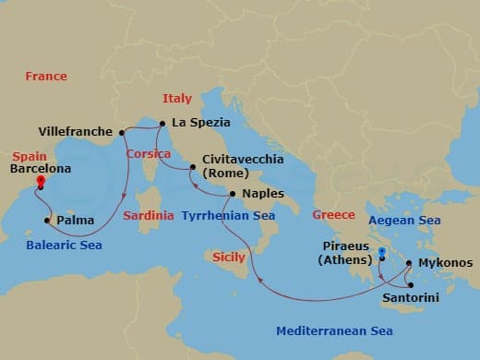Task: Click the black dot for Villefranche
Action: [x=121, y=132]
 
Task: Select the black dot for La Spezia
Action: [x=162, y=123]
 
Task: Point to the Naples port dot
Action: [x=233, y=194]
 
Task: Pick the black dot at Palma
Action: [x=47, y=221]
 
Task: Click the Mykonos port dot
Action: [x=408, y=263]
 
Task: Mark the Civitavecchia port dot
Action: [x=193, y=167]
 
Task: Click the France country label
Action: [x=46, y=77]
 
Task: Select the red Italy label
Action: [x=176, y=99]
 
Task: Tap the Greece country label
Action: [x=333, y=215]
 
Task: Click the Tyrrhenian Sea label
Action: [x=228, y=215]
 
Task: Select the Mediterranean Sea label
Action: [x=337, y=331]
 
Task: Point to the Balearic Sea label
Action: [x=64, y=246]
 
